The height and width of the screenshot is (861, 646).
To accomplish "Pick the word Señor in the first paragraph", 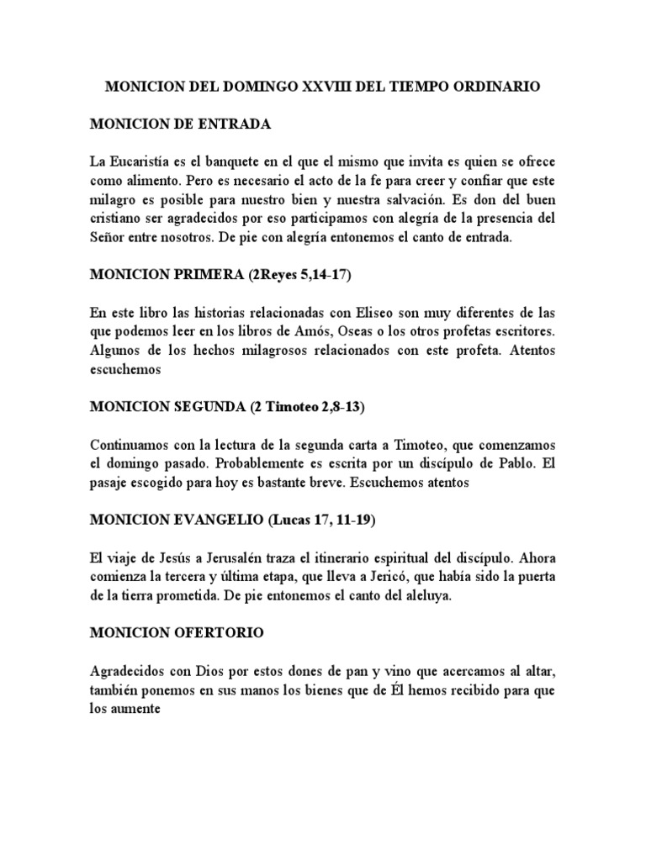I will [110, 238].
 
